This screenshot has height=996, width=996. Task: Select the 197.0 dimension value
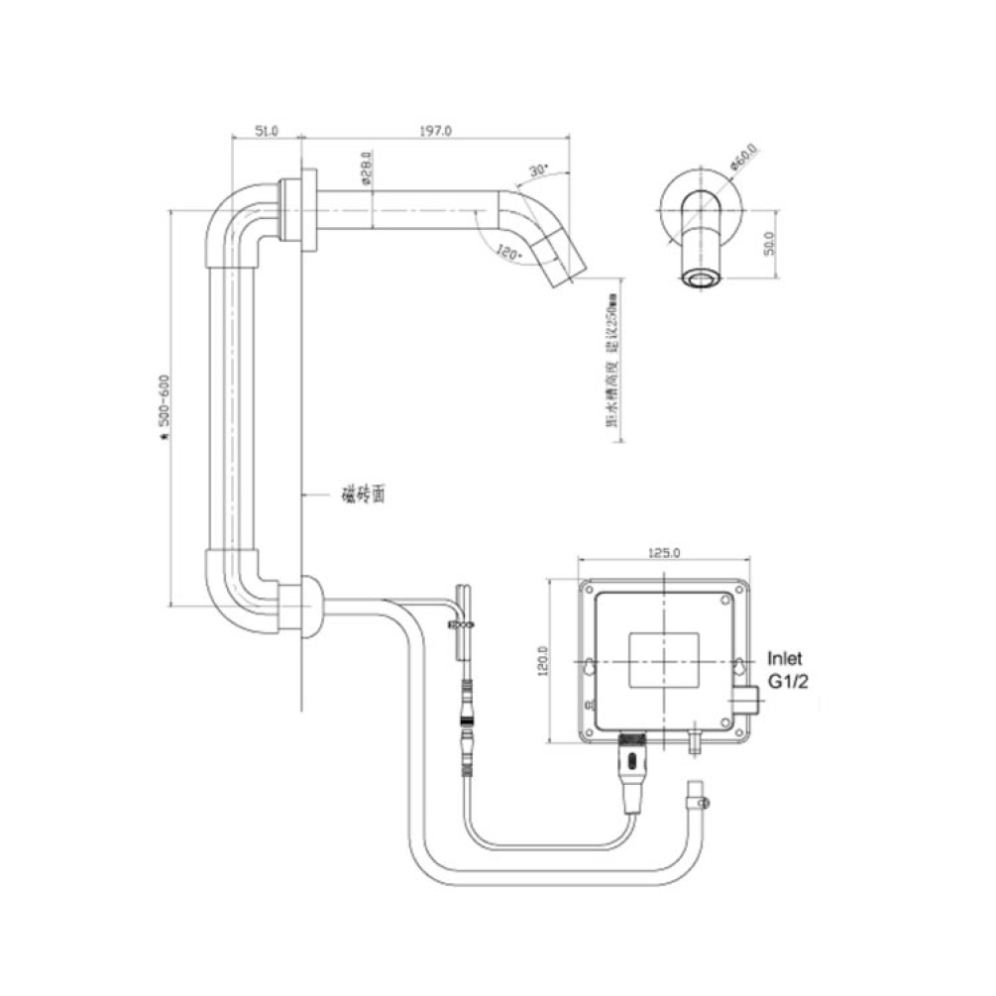click(436, 130)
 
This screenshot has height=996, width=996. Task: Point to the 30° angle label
click(538, 169)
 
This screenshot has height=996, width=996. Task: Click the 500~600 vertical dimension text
click(164, 406)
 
